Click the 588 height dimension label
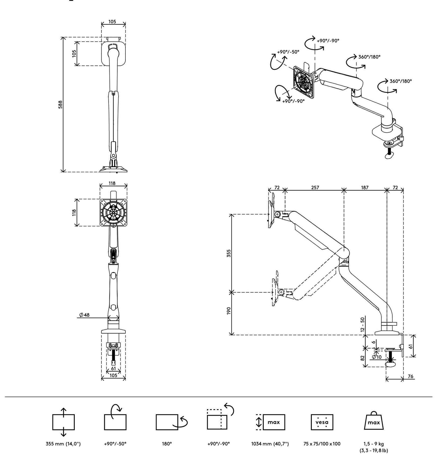pos(60,105)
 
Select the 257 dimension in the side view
pos(315,187)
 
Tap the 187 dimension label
pos(365,187)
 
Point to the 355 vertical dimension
pos(229,253)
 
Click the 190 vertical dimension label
pos(229,311)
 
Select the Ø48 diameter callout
pos(84,315)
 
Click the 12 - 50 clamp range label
pos(363,324)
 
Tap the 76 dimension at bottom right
pos(410,376)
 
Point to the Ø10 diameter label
pos(377,357)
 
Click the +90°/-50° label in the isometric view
pos(288,52)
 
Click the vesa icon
pos(322,422)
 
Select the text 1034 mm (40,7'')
pos(270,444)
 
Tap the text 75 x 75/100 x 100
pos(322,444)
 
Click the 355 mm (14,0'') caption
pos(63,444)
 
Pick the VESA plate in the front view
pos(113,212)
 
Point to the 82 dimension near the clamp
pos(363,358)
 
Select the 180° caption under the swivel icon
pos(167,444)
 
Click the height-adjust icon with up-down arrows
pos(63,422)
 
